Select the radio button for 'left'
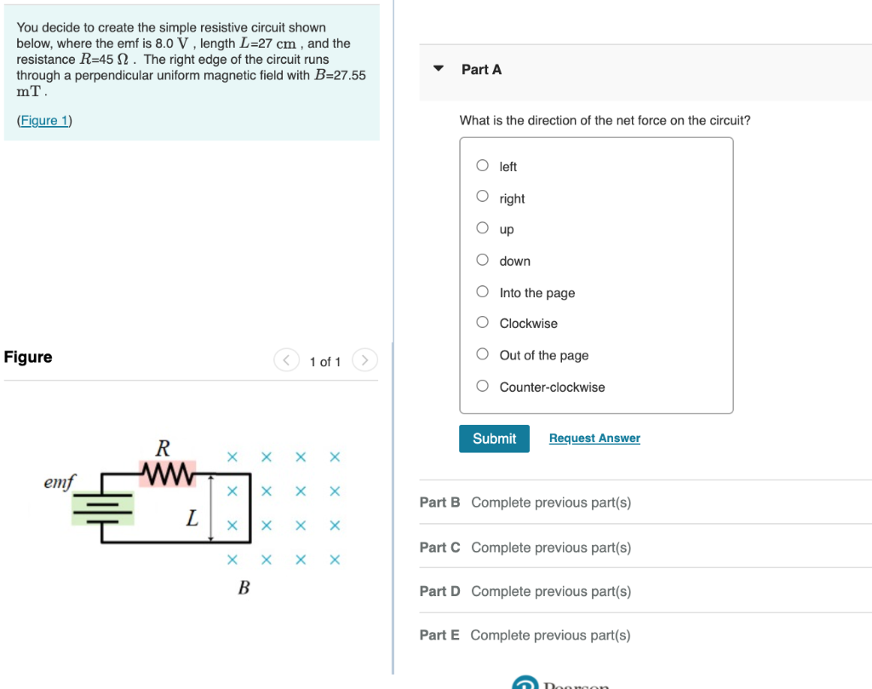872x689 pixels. pos(483,166)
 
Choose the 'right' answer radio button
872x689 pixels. pos(483,197)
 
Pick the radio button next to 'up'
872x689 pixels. pos(483,228)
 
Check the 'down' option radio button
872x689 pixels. pos(483,260)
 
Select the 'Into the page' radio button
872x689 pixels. pos(483,292)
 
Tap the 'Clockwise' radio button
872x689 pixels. pos(483,323)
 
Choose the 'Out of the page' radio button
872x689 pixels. pos(483,354)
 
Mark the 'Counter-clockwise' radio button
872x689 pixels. pos(483,387)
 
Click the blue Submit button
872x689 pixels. pos(494,439)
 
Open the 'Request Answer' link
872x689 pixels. pos(594,439)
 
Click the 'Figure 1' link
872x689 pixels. pos(44,120)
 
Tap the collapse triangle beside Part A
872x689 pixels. pos(439,69)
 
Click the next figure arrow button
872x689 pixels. pos(364,361)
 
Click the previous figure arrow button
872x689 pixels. pos(287,361)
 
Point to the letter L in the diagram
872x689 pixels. pos(193,517)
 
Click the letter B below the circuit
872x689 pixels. pos(244,588)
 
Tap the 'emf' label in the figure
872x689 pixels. pos(59,483)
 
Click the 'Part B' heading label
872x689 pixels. pos(439,502)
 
